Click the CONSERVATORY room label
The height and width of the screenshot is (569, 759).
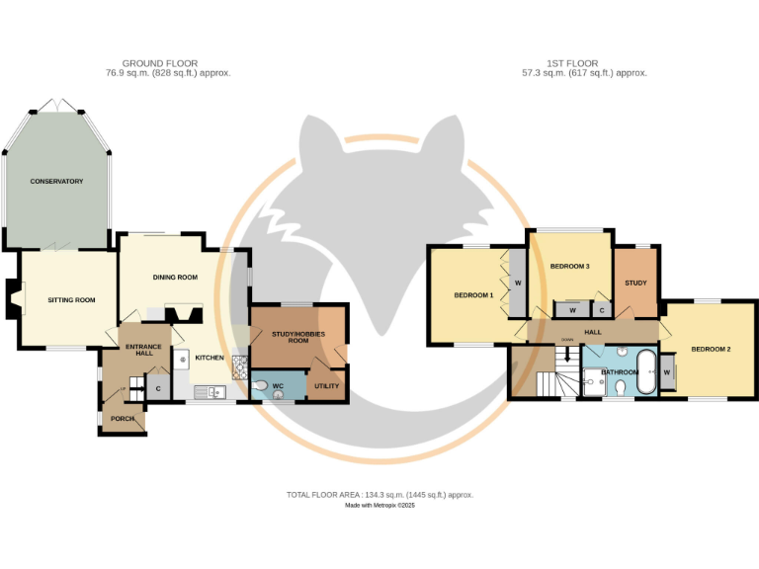(56, 181)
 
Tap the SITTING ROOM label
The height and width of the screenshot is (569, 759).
(71, 299)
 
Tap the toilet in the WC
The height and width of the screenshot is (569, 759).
(260, 386)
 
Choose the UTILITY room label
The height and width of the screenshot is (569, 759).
(325, 386)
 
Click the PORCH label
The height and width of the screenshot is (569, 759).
(123, 419)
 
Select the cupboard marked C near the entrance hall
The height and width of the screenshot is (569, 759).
(158, 388)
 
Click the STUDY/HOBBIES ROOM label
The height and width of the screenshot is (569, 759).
(297, 337)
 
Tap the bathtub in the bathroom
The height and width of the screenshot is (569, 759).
(643, 372)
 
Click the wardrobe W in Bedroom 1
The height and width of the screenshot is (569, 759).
(517, 284)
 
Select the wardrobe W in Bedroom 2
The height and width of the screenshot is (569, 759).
(667, 371)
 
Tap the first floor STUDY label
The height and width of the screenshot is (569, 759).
(635, 284)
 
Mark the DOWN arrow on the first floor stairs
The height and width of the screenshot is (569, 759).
(567, 348)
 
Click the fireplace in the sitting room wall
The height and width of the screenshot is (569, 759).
(12, 298)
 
